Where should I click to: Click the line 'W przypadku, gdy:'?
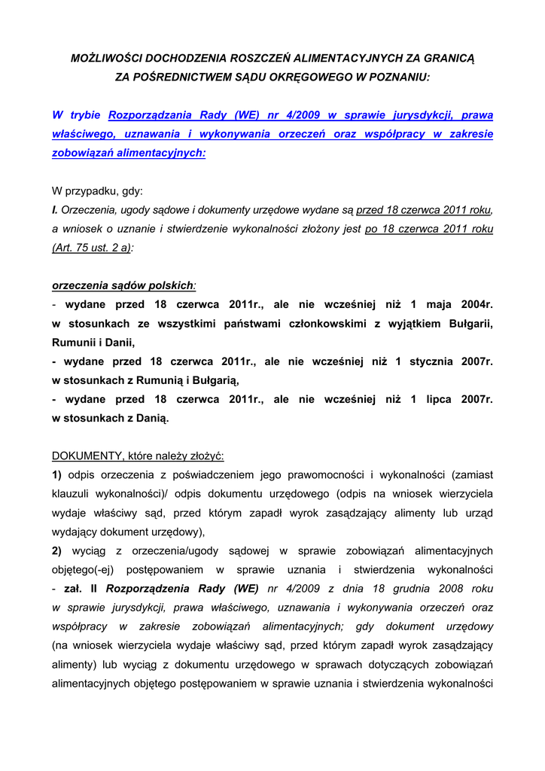point(97,191)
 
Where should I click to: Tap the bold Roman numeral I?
point(54,210)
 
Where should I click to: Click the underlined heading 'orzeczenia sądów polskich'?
point(123,285)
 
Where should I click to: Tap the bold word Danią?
point(151,418)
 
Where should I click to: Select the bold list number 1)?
point(57,474)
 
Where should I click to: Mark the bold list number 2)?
point(57,550)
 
